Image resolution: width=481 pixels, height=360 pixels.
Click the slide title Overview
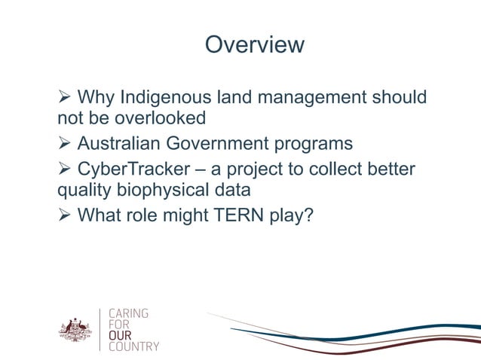coord(254,45)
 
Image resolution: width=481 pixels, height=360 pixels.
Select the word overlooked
coord(160,118)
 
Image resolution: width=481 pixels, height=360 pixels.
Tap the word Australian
coord(119,143)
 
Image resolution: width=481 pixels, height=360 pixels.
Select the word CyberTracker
coord(134,169)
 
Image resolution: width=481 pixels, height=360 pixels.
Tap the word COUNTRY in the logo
coord(134,346)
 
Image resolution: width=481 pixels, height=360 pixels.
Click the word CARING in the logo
coord(129,313)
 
